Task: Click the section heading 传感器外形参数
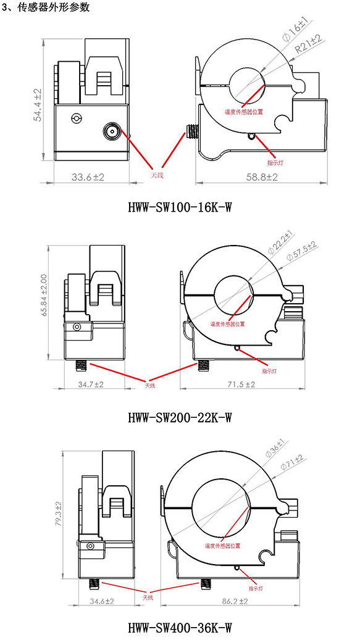[54, 7]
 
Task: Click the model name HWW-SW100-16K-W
[180, 208]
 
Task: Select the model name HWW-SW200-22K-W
[180, 417]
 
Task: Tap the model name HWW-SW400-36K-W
[180, 626]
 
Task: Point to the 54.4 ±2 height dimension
[38, 104]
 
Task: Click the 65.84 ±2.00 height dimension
[44, 294]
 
